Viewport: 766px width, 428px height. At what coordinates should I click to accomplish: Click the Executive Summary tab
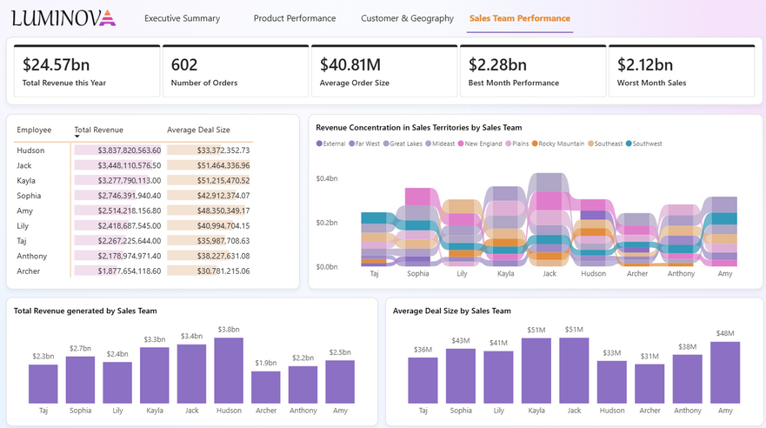(x=182, y=18)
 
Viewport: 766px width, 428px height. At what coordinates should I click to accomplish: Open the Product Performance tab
(x=294, y=18)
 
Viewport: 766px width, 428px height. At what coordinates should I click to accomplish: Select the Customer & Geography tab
(x=407, y=18)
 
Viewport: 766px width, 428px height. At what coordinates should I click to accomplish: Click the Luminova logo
(x=63, y=17)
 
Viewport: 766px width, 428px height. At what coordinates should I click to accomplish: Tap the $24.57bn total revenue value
(x=57, y=64)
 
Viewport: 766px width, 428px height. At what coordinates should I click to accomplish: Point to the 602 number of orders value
(x=184, y=64)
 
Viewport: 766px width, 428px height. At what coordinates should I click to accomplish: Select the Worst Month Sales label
(x=651, y=84)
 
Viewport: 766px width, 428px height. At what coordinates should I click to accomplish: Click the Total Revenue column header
(x=98, y=130)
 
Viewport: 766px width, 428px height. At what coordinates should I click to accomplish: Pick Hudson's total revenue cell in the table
(x=117, y=150)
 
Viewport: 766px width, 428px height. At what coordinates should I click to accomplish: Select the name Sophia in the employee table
(x=30, y=196)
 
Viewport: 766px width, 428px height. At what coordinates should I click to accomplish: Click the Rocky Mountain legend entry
(x=559, y=144)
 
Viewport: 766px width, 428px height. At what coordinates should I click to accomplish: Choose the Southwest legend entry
(x=643, y=144)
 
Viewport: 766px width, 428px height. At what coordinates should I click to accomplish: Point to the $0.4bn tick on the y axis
(x=327, y=178)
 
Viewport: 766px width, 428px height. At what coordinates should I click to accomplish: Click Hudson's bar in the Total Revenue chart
(x=228, y=371)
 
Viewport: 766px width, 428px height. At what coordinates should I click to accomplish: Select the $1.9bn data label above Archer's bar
(x=265, y=363)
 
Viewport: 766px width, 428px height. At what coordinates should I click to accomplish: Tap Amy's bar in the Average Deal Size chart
(x=724, y=372)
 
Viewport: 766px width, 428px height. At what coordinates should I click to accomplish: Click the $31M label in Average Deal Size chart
(x=649, y=355)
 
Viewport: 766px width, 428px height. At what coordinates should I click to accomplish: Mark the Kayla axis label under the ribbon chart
(x=505, y=273)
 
